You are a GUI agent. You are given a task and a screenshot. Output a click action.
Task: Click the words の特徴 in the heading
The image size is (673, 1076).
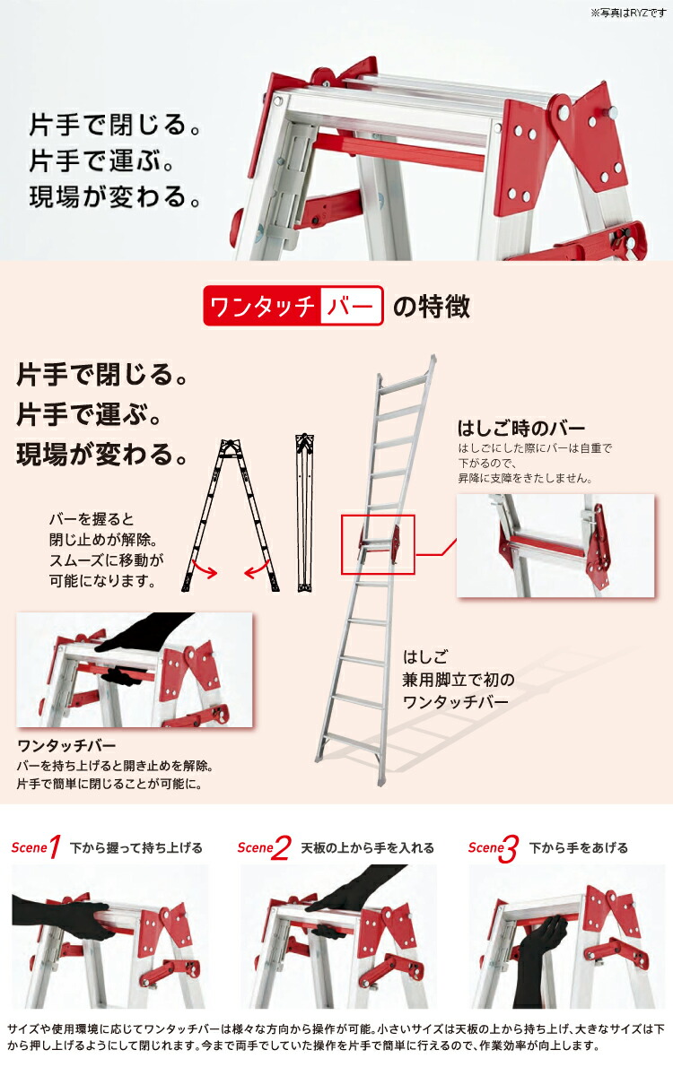[x=432, y=307]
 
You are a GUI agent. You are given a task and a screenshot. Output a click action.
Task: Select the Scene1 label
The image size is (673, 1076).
[x=36, y=847]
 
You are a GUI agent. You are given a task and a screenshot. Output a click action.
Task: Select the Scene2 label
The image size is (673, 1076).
[x=264, y=847]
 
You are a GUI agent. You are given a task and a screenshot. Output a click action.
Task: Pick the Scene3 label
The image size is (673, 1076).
[x=494, y=848]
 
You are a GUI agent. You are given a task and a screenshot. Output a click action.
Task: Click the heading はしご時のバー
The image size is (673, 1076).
[x=520, y=428]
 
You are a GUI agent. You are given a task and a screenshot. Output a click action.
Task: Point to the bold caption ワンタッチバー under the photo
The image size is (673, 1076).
[x=66, y=746]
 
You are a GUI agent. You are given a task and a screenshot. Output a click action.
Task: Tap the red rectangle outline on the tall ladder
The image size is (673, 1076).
[x=378, y=544]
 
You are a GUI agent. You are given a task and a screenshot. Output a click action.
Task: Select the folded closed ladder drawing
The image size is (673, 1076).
[x=304, y=513]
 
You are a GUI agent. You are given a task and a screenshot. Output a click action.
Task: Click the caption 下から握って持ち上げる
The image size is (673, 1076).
[x=136, y=847]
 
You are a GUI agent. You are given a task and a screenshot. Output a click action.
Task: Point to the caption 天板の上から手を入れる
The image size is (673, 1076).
[x=367, y=847]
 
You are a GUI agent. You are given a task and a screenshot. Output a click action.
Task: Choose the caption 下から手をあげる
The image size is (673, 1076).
[x=578, y=847]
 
